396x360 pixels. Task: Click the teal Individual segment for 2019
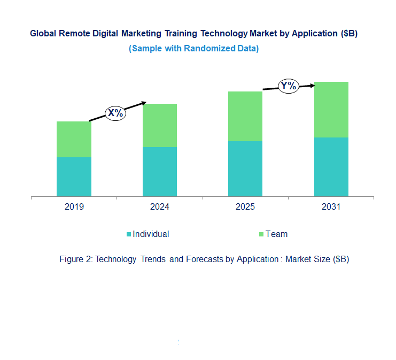[x=74, y=177]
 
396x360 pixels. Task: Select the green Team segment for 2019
[x=74, y=139]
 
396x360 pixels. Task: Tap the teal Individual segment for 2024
[x=159, y=172]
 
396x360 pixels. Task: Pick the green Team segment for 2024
[x=159, y=125]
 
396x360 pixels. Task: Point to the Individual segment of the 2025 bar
[x=245, y=168]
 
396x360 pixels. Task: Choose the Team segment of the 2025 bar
[x=245, y=116]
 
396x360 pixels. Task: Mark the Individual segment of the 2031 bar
[x=331, y=167]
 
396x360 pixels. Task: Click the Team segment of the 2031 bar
[x=331, y=110]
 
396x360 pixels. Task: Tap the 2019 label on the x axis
[x=74, y=207]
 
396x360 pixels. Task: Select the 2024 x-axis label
[x=159, y=207]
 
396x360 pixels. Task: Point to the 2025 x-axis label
[x=245, y=207]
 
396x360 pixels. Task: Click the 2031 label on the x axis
[x=331, y=207]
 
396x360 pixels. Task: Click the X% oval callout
[x=115, y=113]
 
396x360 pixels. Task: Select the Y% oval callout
[x=289, y=86]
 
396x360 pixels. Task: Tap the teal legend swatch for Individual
[x=128, y=234]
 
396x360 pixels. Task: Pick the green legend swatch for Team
[x=261, y=234]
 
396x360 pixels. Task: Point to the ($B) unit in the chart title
[x=348, y=34]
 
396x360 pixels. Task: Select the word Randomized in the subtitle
[x=213, y=48]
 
